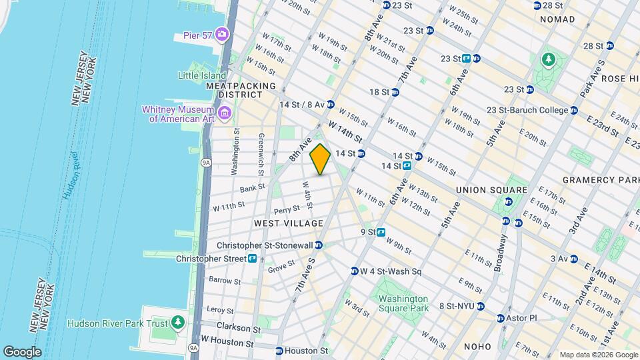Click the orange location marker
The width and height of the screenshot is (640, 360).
click(x=321, y=159)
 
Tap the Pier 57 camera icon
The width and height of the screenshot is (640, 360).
click(x=221, y=34)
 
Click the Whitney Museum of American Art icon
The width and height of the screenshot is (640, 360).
click(x=224, y=114)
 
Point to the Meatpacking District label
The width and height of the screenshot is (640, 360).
click(x=241, y=86)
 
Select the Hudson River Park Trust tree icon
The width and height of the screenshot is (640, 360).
click(x=177, y=323)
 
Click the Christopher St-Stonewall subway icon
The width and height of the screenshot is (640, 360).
click(x=319, y=245)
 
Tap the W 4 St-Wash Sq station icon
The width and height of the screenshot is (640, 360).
click(x=355, y=271)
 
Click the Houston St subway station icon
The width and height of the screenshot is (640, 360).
click(x=279, y=351)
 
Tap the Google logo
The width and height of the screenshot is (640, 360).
click(x=22, y=351)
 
